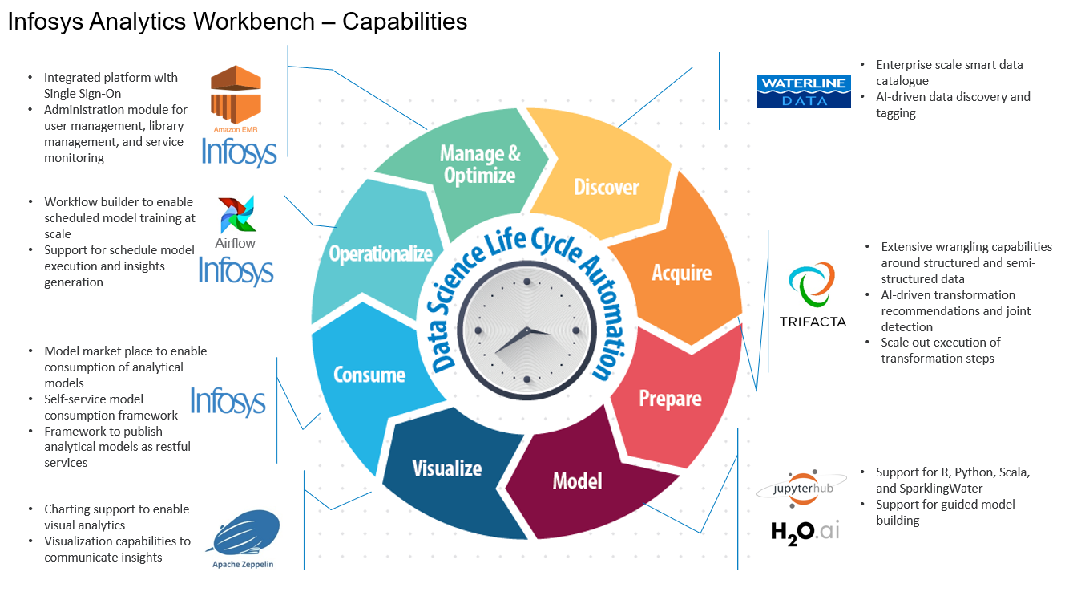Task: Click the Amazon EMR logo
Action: coord(236,96)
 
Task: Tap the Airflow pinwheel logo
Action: coord(237,215)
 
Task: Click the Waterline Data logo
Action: coord(804,91)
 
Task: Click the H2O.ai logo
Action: coord(805,530)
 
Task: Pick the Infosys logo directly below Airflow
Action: coord(236,270)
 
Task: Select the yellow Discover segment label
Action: coord(607,187)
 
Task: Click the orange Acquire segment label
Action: coord(682,273)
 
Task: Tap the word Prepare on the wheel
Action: coord(670,399)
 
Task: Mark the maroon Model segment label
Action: coord(577,480)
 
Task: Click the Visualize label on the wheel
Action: coord(446,468)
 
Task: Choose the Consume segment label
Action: coord(369,375)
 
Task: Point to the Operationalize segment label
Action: coord(381,253)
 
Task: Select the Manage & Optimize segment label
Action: coord(480,164)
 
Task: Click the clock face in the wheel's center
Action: coord(526,330)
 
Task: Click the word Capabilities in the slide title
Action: coord(405,22)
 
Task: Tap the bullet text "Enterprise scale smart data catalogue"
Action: coord(949,72)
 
